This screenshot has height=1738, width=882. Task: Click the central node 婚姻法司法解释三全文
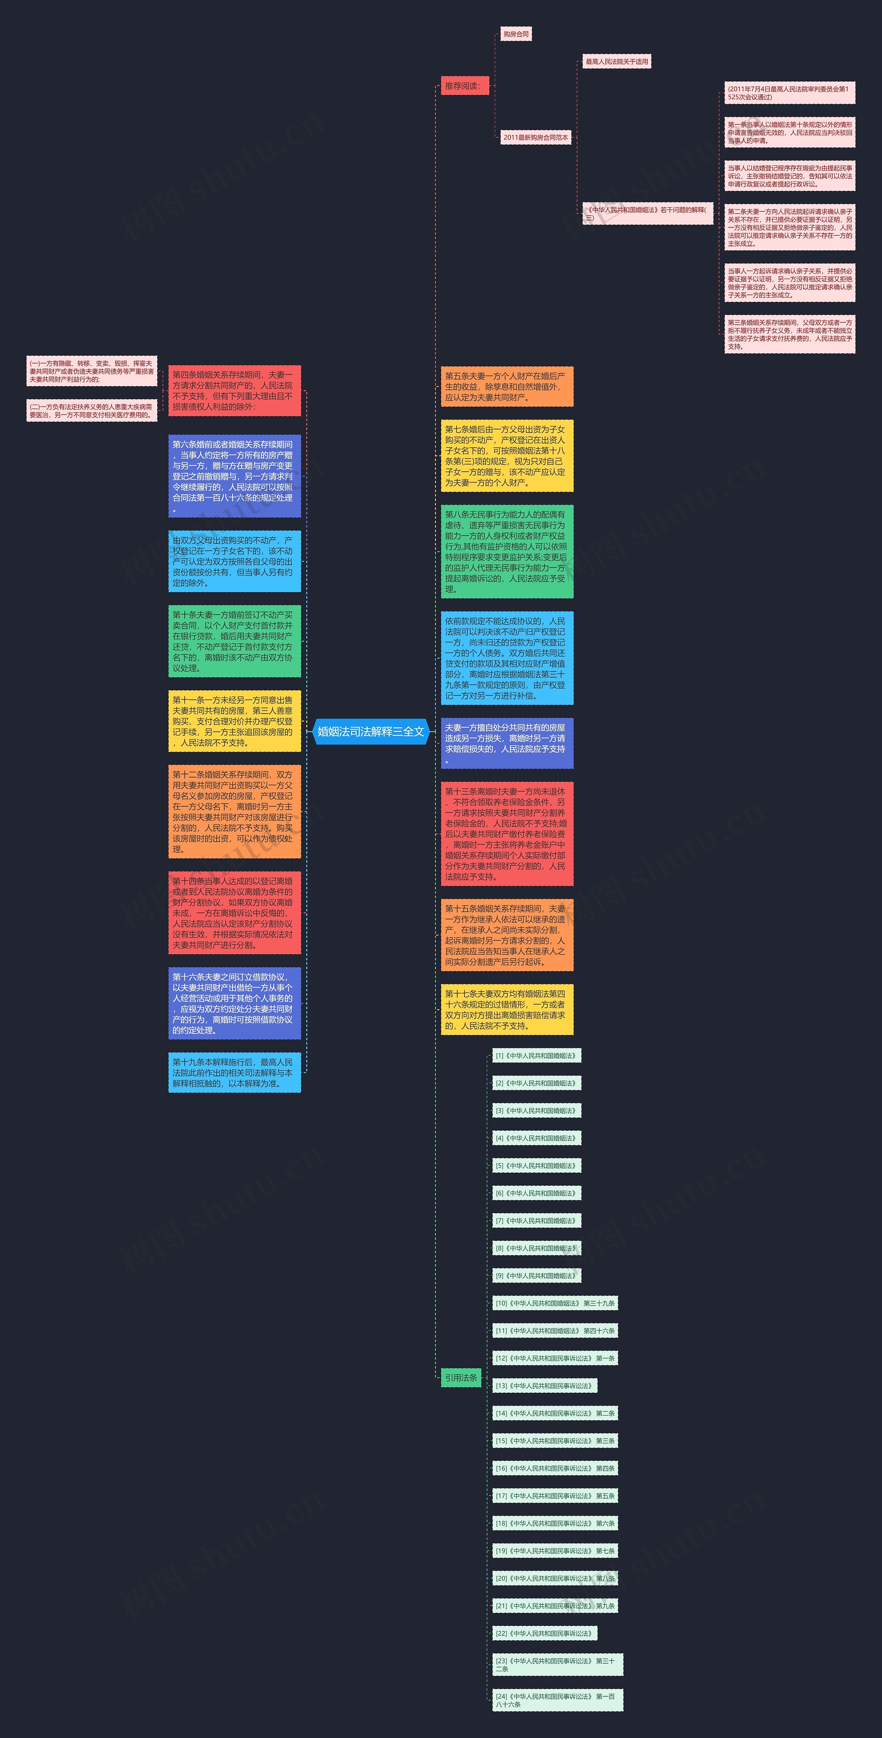(x=370, y=731)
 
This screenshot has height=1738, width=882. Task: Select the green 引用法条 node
(x=461, y=1378)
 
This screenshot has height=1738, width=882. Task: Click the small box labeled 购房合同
(x=515, y=34)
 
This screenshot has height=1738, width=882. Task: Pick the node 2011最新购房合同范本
(x=536, y=137)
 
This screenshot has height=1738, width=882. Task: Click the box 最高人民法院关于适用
(x=616, y=61)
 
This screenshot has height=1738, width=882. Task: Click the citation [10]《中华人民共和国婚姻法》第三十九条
(x=555, y=1303)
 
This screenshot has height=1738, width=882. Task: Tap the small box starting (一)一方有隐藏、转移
(x=92, y=371)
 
